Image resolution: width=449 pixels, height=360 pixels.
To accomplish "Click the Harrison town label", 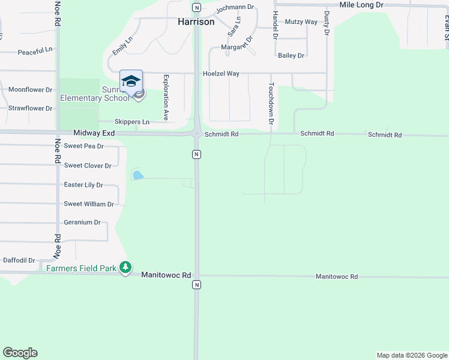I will point(196,22).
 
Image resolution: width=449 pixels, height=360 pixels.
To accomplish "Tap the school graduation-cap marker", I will point(131,82).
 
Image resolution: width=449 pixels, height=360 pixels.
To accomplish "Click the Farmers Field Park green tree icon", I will point(125,268).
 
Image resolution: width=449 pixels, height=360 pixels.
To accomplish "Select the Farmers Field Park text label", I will point(81,268).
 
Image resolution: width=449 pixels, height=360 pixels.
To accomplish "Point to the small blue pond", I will point(138,176).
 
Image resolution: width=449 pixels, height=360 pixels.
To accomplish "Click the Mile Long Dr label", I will point(361,5).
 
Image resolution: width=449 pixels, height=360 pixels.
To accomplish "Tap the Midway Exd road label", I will point(94,132).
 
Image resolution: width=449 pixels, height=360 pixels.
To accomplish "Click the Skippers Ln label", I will point(132,122).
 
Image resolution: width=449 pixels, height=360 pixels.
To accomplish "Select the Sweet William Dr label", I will point(89,205).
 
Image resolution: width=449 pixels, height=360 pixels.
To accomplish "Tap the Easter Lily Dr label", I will point(83,185).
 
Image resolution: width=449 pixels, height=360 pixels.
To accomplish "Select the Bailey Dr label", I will point(291,56).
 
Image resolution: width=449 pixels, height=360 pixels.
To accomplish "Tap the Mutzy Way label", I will point(301,22).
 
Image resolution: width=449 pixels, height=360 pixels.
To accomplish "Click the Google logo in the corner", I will point(20,353).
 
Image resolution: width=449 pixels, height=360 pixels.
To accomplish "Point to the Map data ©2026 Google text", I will point(412,355).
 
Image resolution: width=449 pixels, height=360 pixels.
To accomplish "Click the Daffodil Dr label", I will point(19,260).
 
